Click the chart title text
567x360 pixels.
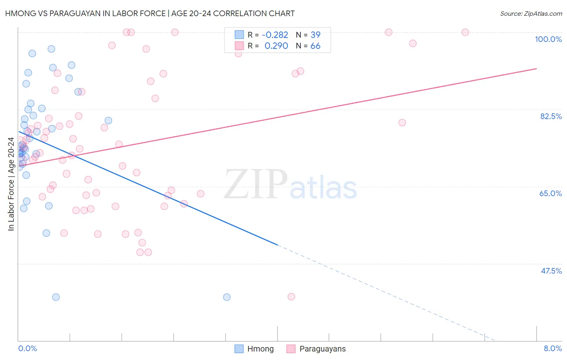[150, 13]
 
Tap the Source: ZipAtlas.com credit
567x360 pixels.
[531, 13]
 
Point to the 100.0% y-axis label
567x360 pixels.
[548, 39]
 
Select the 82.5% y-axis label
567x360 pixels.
[550, 116]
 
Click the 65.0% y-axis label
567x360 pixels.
[550, 193]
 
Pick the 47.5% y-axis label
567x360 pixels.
[551, 271]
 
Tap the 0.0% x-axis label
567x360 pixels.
[27, 348]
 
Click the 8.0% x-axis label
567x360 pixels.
[552, 348]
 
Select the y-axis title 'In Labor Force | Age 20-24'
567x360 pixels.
[11, 184]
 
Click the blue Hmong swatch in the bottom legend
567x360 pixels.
[239, 349]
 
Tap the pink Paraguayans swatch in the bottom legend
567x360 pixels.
[291, 349]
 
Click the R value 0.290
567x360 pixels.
[276, 46]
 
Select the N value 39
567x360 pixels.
[315, 35]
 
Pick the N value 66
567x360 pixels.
[315, 46]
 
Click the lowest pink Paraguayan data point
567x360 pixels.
[291, 297]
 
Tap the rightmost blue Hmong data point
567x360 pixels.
[227, 297]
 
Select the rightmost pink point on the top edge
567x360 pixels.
[465, 32]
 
